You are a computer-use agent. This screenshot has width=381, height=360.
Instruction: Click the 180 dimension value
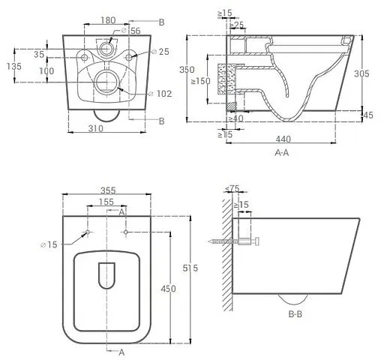pyautogui.click(x=108, y=20)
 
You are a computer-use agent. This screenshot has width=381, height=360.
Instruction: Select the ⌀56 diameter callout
pyautogui.click(x=130, y=31)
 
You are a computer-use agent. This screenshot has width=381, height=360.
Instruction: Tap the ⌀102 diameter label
pyautogui.click(x=160, y=94)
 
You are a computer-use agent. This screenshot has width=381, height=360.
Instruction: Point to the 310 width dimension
pyautogui.click(x=96, y=128)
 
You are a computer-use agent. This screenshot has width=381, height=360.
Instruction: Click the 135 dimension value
pyautogui.click(x=14, y=67)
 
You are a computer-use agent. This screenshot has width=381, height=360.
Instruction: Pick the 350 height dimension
pyautogui.click(x=187, y=70)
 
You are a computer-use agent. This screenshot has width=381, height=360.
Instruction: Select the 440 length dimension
pyautogui.click(x=283, y=139)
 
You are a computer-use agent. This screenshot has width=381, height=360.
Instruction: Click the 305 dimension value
pyautogui.click(x=361, y=73)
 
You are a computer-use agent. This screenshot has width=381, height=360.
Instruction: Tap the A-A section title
pyautogui.click(x=282, y=152)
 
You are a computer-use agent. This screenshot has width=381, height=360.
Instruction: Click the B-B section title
pyautogui.click(x=295, y=314)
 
